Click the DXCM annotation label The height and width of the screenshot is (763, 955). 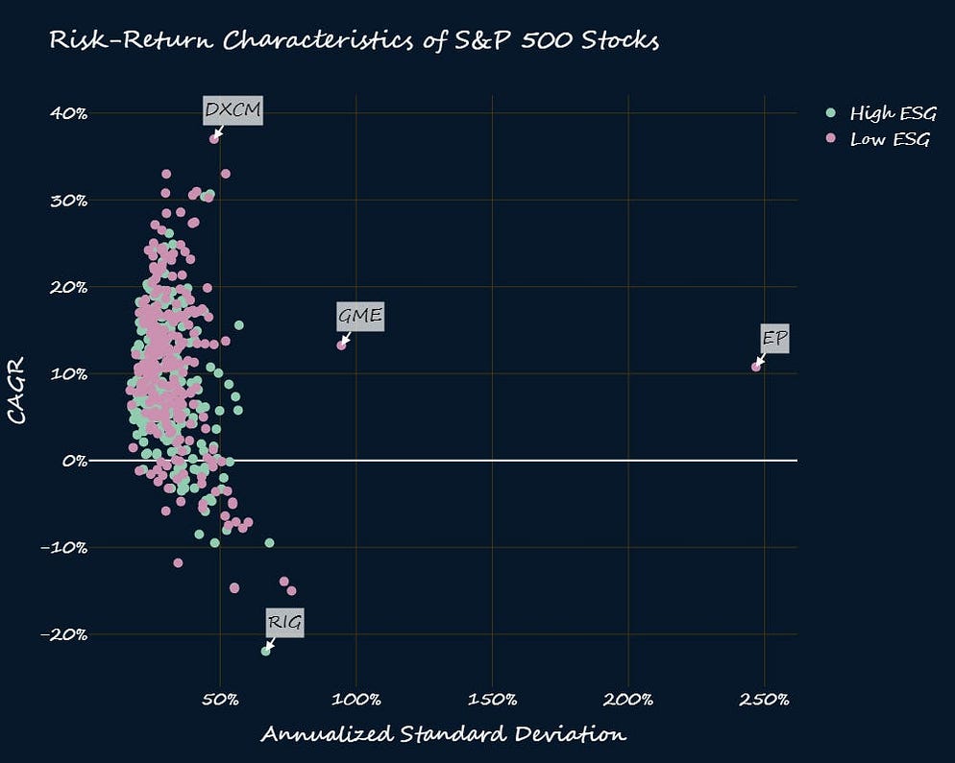tap(233, 110)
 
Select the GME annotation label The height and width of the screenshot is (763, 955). tap(360, 316)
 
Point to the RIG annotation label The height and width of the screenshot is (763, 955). tap(284, 623)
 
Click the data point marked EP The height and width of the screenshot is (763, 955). tap(756, 367)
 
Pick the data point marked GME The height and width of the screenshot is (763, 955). tap(341, 346)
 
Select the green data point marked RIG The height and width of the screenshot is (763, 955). tap(266, 651)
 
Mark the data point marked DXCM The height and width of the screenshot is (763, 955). tap(214, 139)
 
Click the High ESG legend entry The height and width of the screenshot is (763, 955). tap(882, 114)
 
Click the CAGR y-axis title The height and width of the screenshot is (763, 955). tap(16, 392)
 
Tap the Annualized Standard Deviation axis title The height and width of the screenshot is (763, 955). tap(443, 734)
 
